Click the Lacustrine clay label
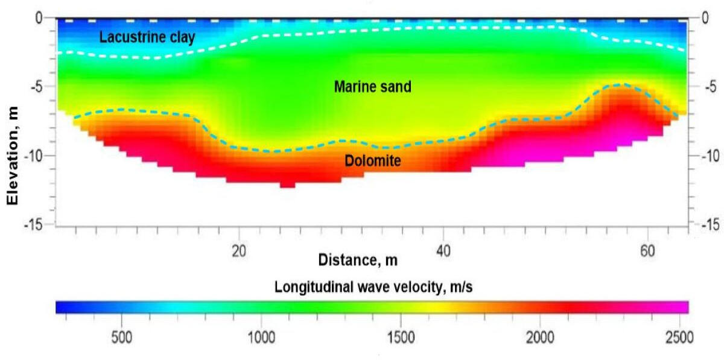tap(147, 37)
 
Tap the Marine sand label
tap(372, 87)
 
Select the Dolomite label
tap(373, 161)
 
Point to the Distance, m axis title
tap(358, 260)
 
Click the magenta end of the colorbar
tap(679, 307)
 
